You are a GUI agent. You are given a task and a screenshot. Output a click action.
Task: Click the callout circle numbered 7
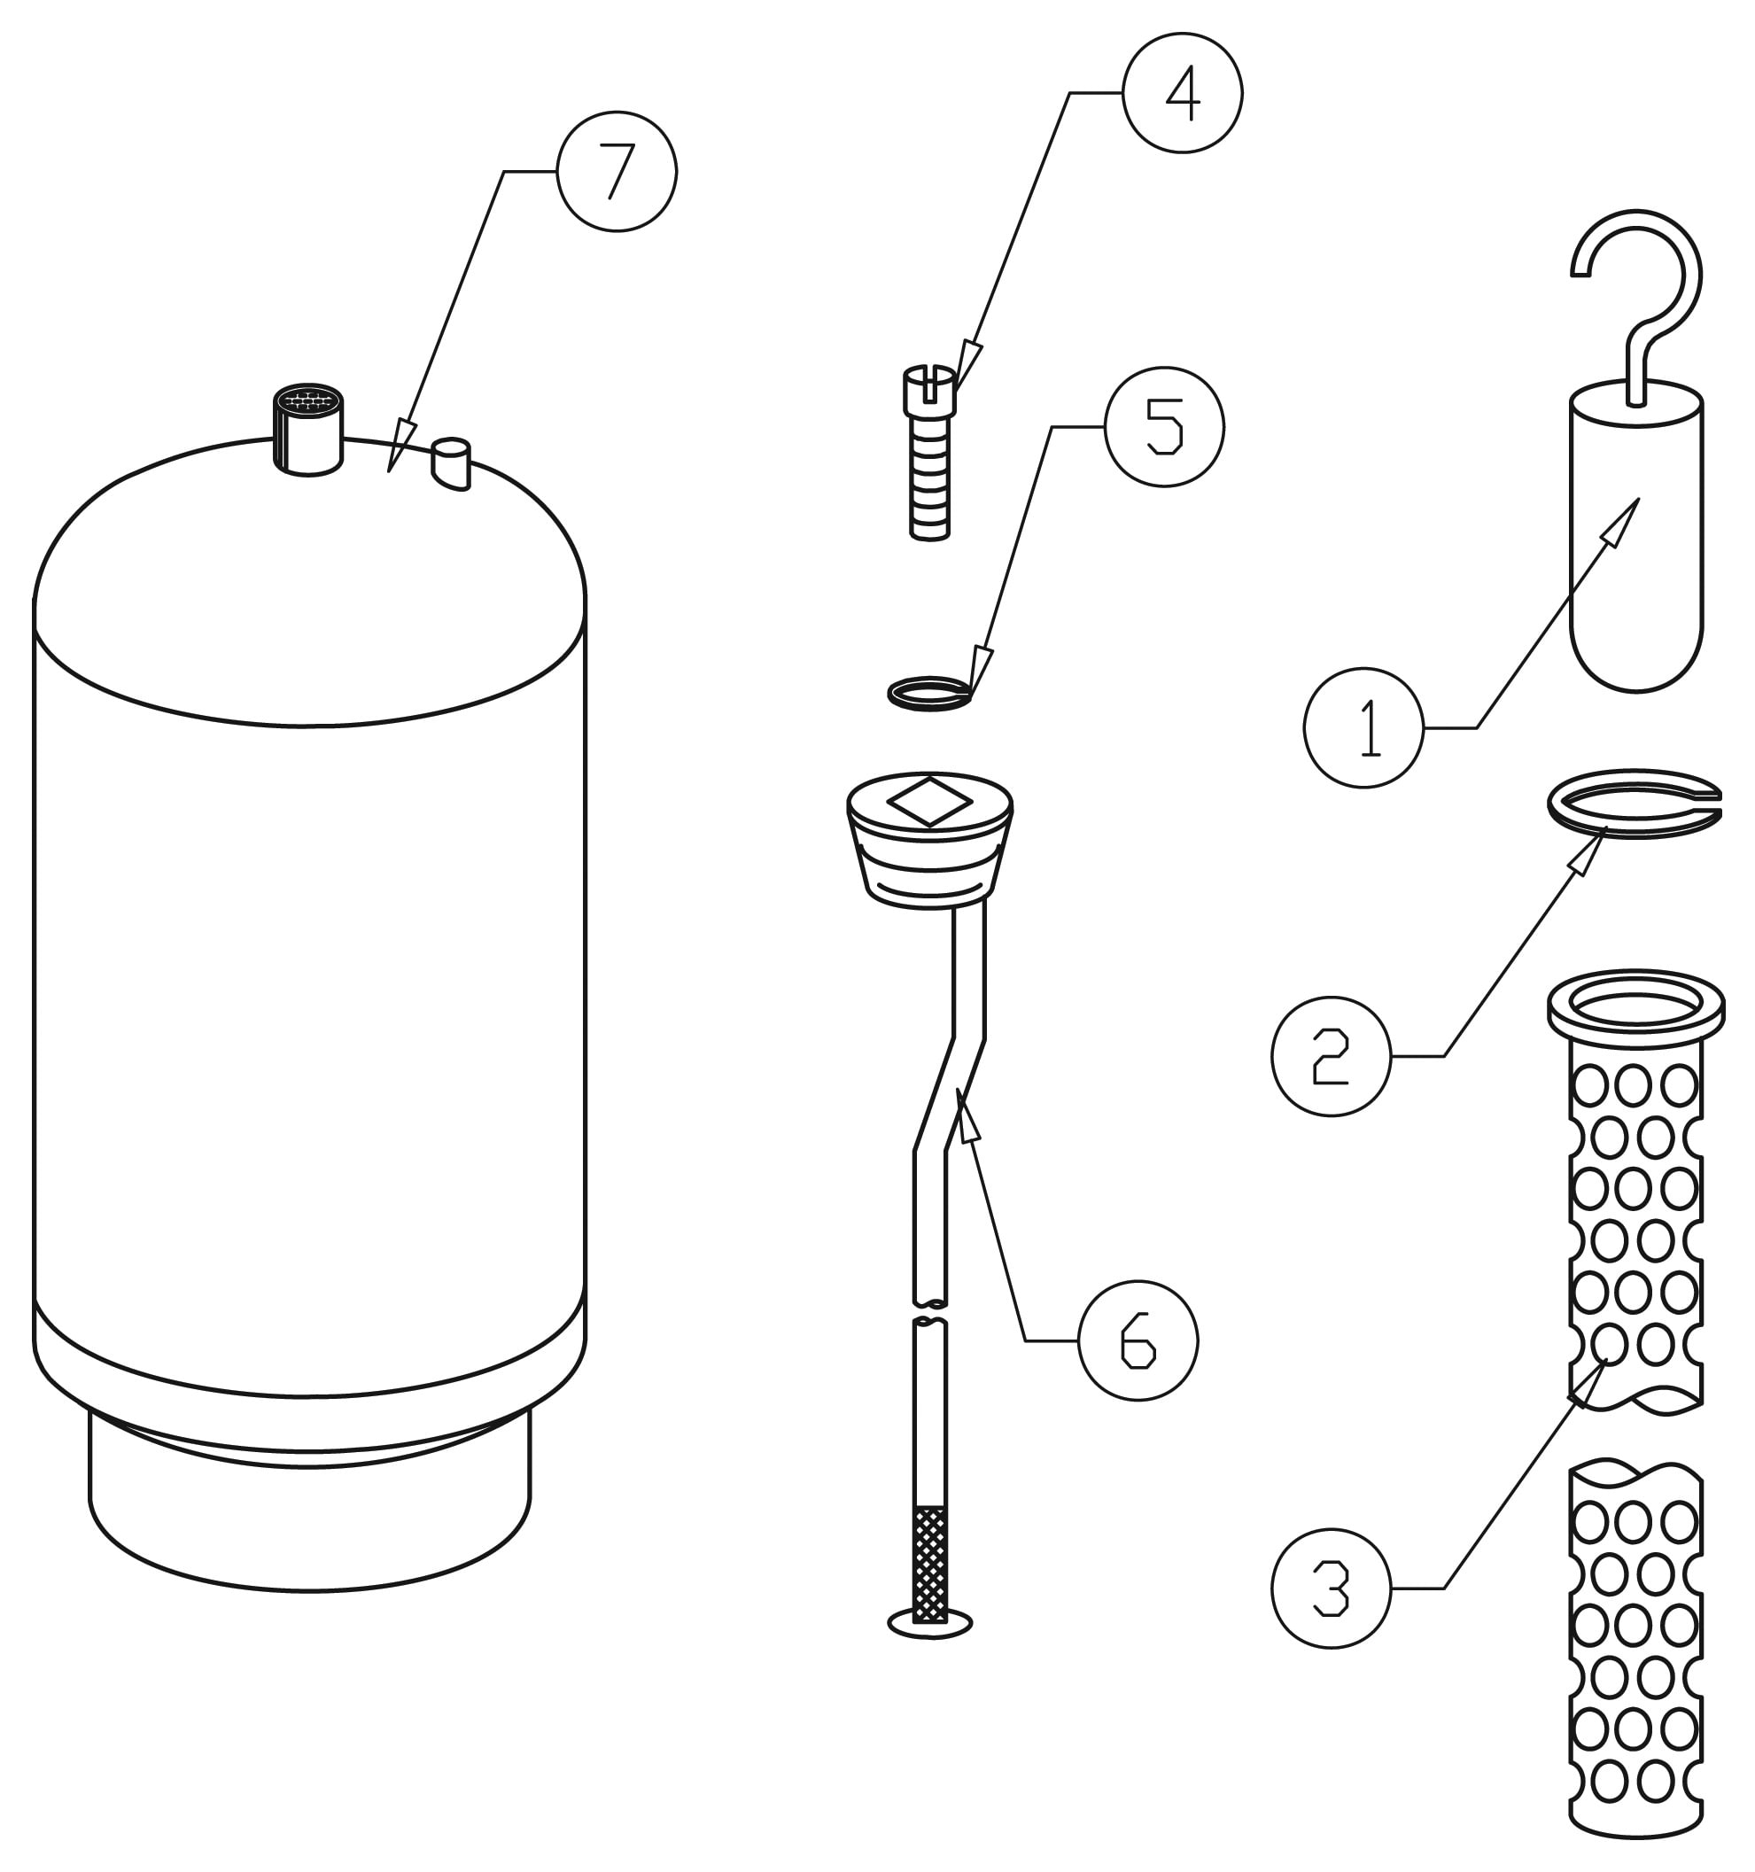[x=617, y=171]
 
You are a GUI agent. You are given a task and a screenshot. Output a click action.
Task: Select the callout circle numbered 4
[x=1183, y=93]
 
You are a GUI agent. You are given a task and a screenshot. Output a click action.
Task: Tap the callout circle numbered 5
[x=1165, y=426]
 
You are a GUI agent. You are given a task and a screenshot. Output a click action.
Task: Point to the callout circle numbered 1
[x=1363, y=728]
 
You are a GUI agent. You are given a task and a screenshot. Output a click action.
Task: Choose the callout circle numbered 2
[x=1332, y=1057]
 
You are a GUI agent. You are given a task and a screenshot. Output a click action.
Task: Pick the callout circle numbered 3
[x=1332, y=1588]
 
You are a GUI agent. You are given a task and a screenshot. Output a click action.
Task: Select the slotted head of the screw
[x=929, y=391]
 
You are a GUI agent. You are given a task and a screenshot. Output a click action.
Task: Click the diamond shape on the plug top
[x=929, y=802]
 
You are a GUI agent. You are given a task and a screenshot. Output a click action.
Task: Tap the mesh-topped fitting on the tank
[x=308, y=430]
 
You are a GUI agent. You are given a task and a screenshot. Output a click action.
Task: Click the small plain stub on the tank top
[x=451, y=463]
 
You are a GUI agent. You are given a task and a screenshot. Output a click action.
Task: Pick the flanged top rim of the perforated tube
[x=1636, y=1008]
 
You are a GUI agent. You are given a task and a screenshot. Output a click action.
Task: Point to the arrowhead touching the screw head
[x=969, y=365]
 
